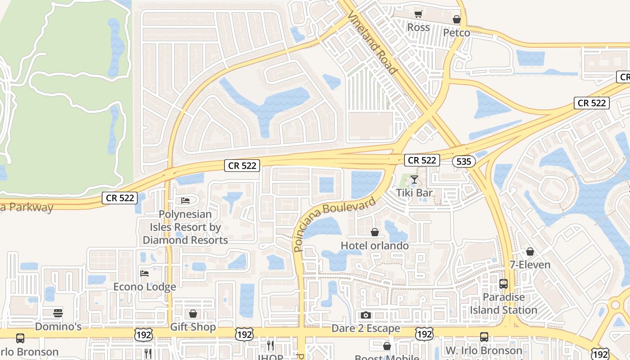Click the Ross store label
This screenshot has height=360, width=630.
(x=418, y=27)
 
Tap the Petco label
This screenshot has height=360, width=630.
(x=456, y=33)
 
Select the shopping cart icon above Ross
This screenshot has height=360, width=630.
(x=418, y=14)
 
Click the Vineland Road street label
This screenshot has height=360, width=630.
(x=373, y=43)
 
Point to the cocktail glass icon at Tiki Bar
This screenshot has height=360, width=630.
(x=414, y=180)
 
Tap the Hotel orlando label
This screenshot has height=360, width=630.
(x=374, y=246)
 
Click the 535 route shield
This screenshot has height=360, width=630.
(x=463, y=162)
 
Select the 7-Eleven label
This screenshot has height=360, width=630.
(x=530, y=265)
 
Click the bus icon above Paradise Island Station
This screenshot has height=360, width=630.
(x=504, y=284)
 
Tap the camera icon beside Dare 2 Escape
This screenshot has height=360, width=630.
(x=366, y=315)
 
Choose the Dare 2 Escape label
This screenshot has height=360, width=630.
(x=365, y=328)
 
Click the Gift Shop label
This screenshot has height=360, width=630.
(x=193, y=327)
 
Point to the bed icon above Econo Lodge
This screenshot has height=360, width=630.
(x=144, y=273)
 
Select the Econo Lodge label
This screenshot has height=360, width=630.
(x=144, y=287)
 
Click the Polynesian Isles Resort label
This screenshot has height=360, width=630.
(x=185, y=227)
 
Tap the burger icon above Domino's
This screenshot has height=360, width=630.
(x=58, y=313)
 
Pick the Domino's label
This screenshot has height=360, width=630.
(x=58, y=326)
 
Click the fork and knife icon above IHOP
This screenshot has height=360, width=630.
(x=270, y=345)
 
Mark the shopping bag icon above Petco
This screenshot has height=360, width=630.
(x=456, y=19)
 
